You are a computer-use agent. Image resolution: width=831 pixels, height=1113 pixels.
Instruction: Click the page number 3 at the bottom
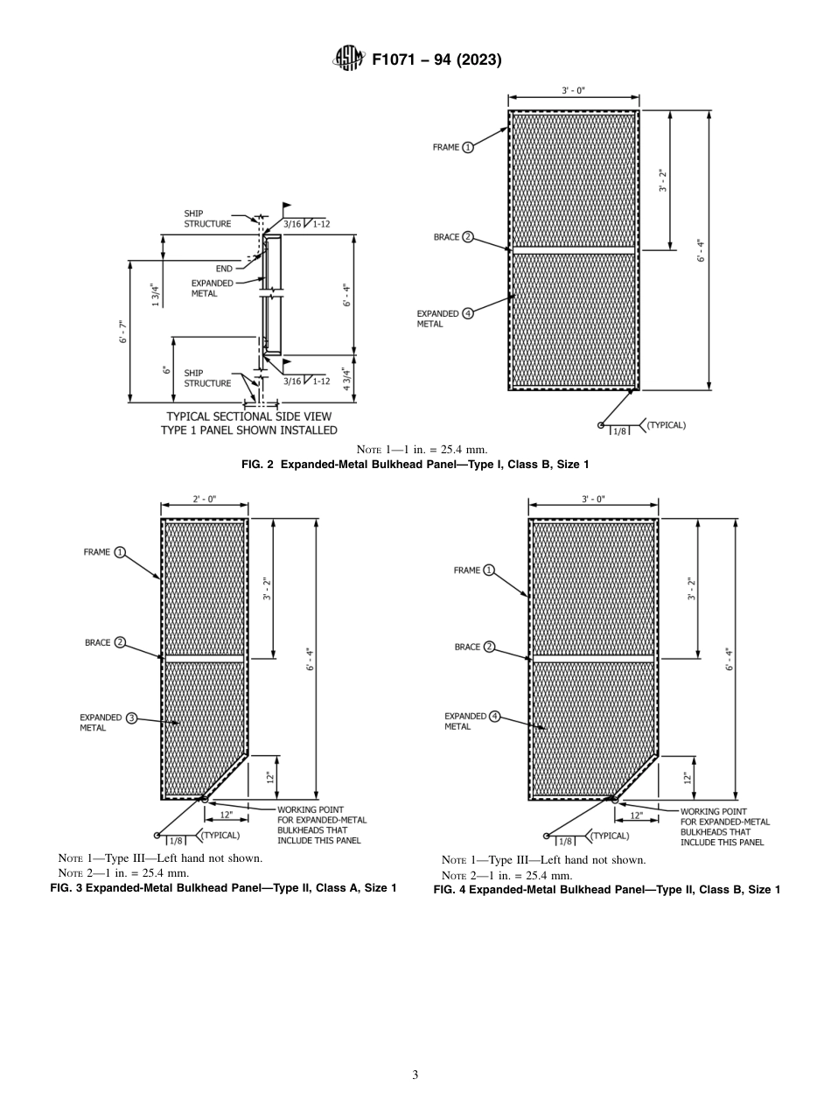[415, 1075]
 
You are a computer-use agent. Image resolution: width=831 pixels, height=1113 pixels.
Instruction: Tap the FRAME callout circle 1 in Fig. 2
[468, 148]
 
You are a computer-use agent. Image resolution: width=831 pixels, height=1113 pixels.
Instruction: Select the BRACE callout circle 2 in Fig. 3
[120, 643]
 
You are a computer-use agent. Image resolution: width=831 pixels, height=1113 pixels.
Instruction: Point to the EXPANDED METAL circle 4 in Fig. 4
[494, 717]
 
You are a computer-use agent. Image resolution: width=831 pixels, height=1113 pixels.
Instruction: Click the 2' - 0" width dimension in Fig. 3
[204, 499]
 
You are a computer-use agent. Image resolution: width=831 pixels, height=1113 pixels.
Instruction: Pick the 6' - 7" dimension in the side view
[123, 332]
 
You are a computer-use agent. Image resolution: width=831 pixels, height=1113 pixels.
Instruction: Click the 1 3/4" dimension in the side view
[156, 295]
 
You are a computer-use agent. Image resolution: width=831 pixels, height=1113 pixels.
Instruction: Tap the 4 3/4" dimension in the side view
[347, 379]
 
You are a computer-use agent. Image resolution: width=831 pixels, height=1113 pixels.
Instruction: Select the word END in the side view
[224, 269]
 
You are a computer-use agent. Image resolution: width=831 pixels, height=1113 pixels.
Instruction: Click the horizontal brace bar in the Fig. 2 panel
[574, 250]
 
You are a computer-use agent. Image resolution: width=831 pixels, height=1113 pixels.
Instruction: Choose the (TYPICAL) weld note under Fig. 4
[610, 836]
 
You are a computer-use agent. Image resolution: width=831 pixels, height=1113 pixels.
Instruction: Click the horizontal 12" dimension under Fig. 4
[636, 815]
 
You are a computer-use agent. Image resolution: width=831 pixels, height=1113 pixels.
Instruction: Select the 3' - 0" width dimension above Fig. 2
[574, 91]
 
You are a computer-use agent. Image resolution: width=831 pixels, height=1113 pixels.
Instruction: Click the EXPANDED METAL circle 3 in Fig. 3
[132, 718]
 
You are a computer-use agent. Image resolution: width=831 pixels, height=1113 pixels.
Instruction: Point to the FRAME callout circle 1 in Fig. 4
[489, 570]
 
